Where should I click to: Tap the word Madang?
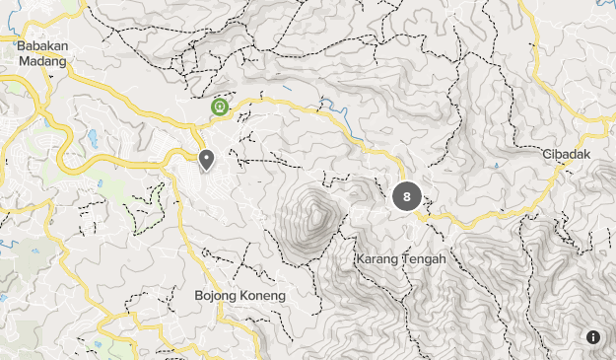click(x=41, y=60)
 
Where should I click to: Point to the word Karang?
click(x=376, y=259)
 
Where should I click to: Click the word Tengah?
click(x=424, y=259)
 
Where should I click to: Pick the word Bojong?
click(x=216, y=295)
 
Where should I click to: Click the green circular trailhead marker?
click(x=219, y=106)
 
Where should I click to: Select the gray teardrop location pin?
click(x=207, y=159)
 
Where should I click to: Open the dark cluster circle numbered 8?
click(x=406, y=196)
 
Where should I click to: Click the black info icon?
click(x=593, y=337)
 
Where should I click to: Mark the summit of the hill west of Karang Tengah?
click(x=318, y=208)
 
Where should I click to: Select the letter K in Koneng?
click(x=244, y=295)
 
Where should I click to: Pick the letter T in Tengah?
click(x=406, y=259)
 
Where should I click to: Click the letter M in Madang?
click(x=23, y=60)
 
